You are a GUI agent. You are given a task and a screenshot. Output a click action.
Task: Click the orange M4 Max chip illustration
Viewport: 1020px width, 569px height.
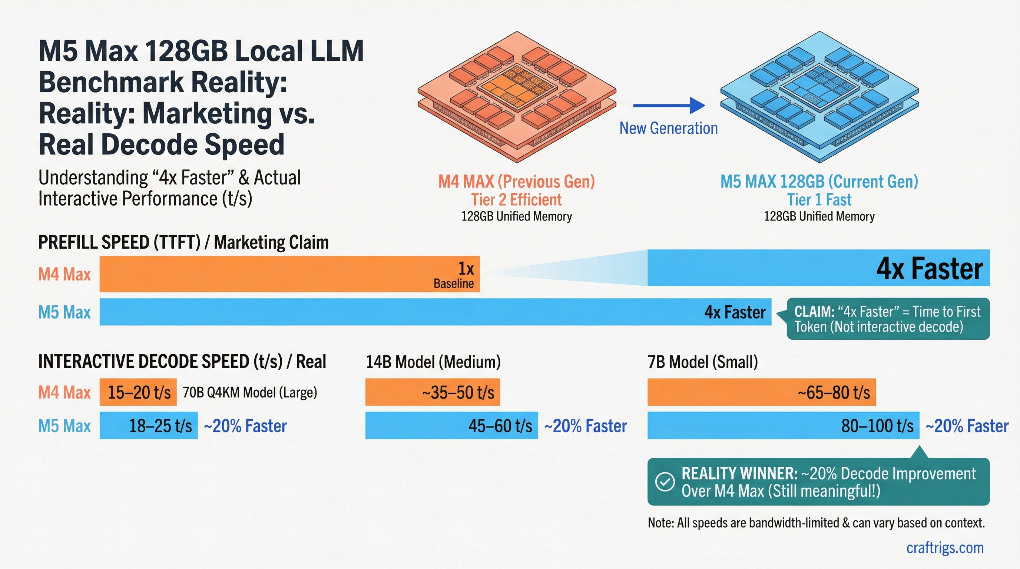[517, 97]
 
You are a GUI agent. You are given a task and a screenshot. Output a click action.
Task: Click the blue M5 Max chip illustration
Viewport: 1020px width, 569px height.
[819, 97]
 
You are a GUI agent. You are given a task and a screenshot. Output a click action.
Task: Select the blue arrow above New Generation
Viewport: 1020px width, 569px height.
[669, 105]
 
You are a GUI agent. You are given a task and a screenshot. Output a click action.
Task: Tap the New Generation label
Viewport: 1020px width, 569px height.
[668, 128]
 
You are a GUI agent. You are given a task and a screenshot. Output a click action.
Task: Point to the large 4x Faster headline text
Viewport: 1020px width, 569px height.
[929, 269]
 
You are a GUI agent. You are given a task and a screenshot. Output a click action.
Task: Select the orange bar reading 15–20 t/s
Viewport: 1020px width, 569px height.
[138, 392]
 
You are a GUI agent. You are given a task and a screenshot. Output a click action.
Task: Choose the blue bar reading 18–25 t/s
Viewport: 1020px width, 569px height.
[149, 426]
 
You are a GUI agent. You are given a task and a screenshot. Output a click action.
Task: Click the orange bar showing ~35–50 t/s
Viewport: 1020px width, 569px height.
[433, 392]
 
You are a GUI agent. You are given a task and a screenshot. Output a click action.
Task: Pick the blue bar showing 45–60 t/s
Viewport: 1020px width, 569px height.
[451, 426]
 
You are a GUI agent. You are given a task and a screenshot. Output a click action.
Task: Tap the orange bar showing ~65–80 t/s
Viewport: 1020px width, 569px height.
[761, 392]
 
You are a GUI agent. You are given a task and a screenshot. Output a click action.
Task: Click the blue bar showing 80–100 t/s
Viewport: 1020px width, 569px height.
[783, 426]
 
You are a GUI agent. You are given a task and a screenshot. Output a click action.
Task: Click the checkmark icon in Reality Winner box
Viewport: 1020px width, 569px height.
[665, 482]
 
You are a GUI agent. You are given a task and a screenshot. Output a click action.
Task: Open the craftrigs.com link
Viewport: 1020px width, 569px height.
[945, 548]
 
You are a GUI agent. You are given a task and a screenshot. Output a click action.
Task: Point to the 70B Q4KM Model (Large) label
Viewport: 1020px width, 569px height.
[249, 393]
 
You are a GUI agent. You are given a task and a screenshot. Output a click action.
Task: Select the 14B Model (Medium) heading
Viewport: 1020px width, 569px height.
[433, 362]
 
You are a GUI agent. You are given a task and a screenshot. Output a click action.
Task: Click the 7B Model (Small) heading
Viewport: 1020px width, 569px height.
[702, 362]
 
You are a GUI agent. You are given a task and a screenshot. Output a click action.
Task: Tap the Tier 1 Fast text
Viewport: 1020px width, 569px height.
[819, 200]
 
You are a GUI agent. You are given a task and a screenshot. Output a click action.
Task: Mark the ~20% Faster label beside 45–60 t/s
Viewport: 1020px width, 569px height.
[585, 426]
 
